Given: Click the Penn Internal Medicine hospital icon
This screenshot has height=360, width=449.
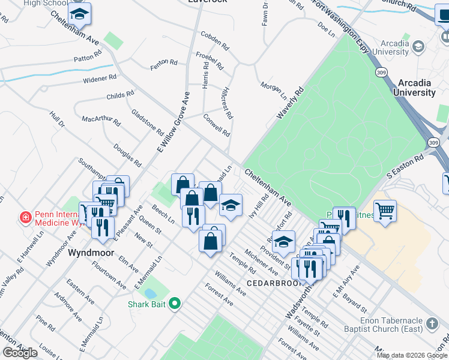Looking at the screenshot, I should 25,217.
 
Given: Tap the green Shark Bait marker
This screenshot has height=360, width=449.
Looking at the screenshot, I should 175,304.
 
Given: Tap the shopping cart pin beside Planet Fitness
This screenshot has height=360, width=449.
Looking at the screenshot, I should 385,211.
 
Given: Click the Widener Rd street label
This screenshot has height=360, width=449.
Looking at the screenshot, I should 100,79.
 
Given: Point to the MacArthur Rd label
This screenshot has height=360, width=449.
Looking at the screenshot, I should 101,119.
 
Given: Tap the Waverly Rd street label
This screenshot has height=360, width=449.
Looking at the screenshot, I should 291,103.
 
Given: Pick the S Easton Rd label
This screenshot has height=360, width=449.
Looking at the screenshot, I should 405,166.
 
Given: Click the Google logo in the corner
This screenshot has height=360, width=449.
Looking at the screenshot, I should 20,353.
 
